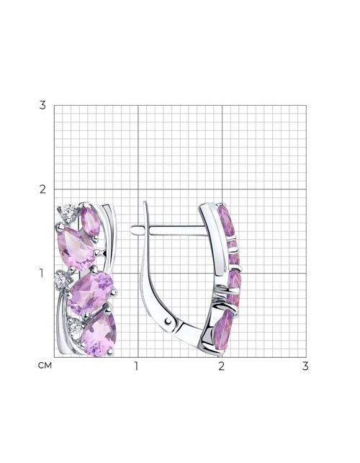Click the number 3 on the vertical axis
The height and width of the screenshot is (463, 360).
point(42,105)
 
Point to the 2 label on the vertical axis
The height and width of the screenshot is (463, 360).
point(42,189)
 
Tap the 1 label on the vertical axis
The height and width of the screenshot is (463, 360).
point(42,273)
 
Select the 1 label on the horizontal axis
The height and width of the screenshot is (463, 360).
point(136,366)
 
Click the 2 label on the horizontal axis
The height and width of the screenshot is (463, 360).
point(222,366)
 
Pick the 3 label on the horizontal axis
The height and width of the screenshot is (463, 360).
point(305,366)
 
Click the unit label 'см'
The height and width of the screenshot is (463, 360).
point(45,366)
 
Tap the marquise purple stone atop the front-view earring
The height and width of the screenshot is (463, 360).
point(91,221)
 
